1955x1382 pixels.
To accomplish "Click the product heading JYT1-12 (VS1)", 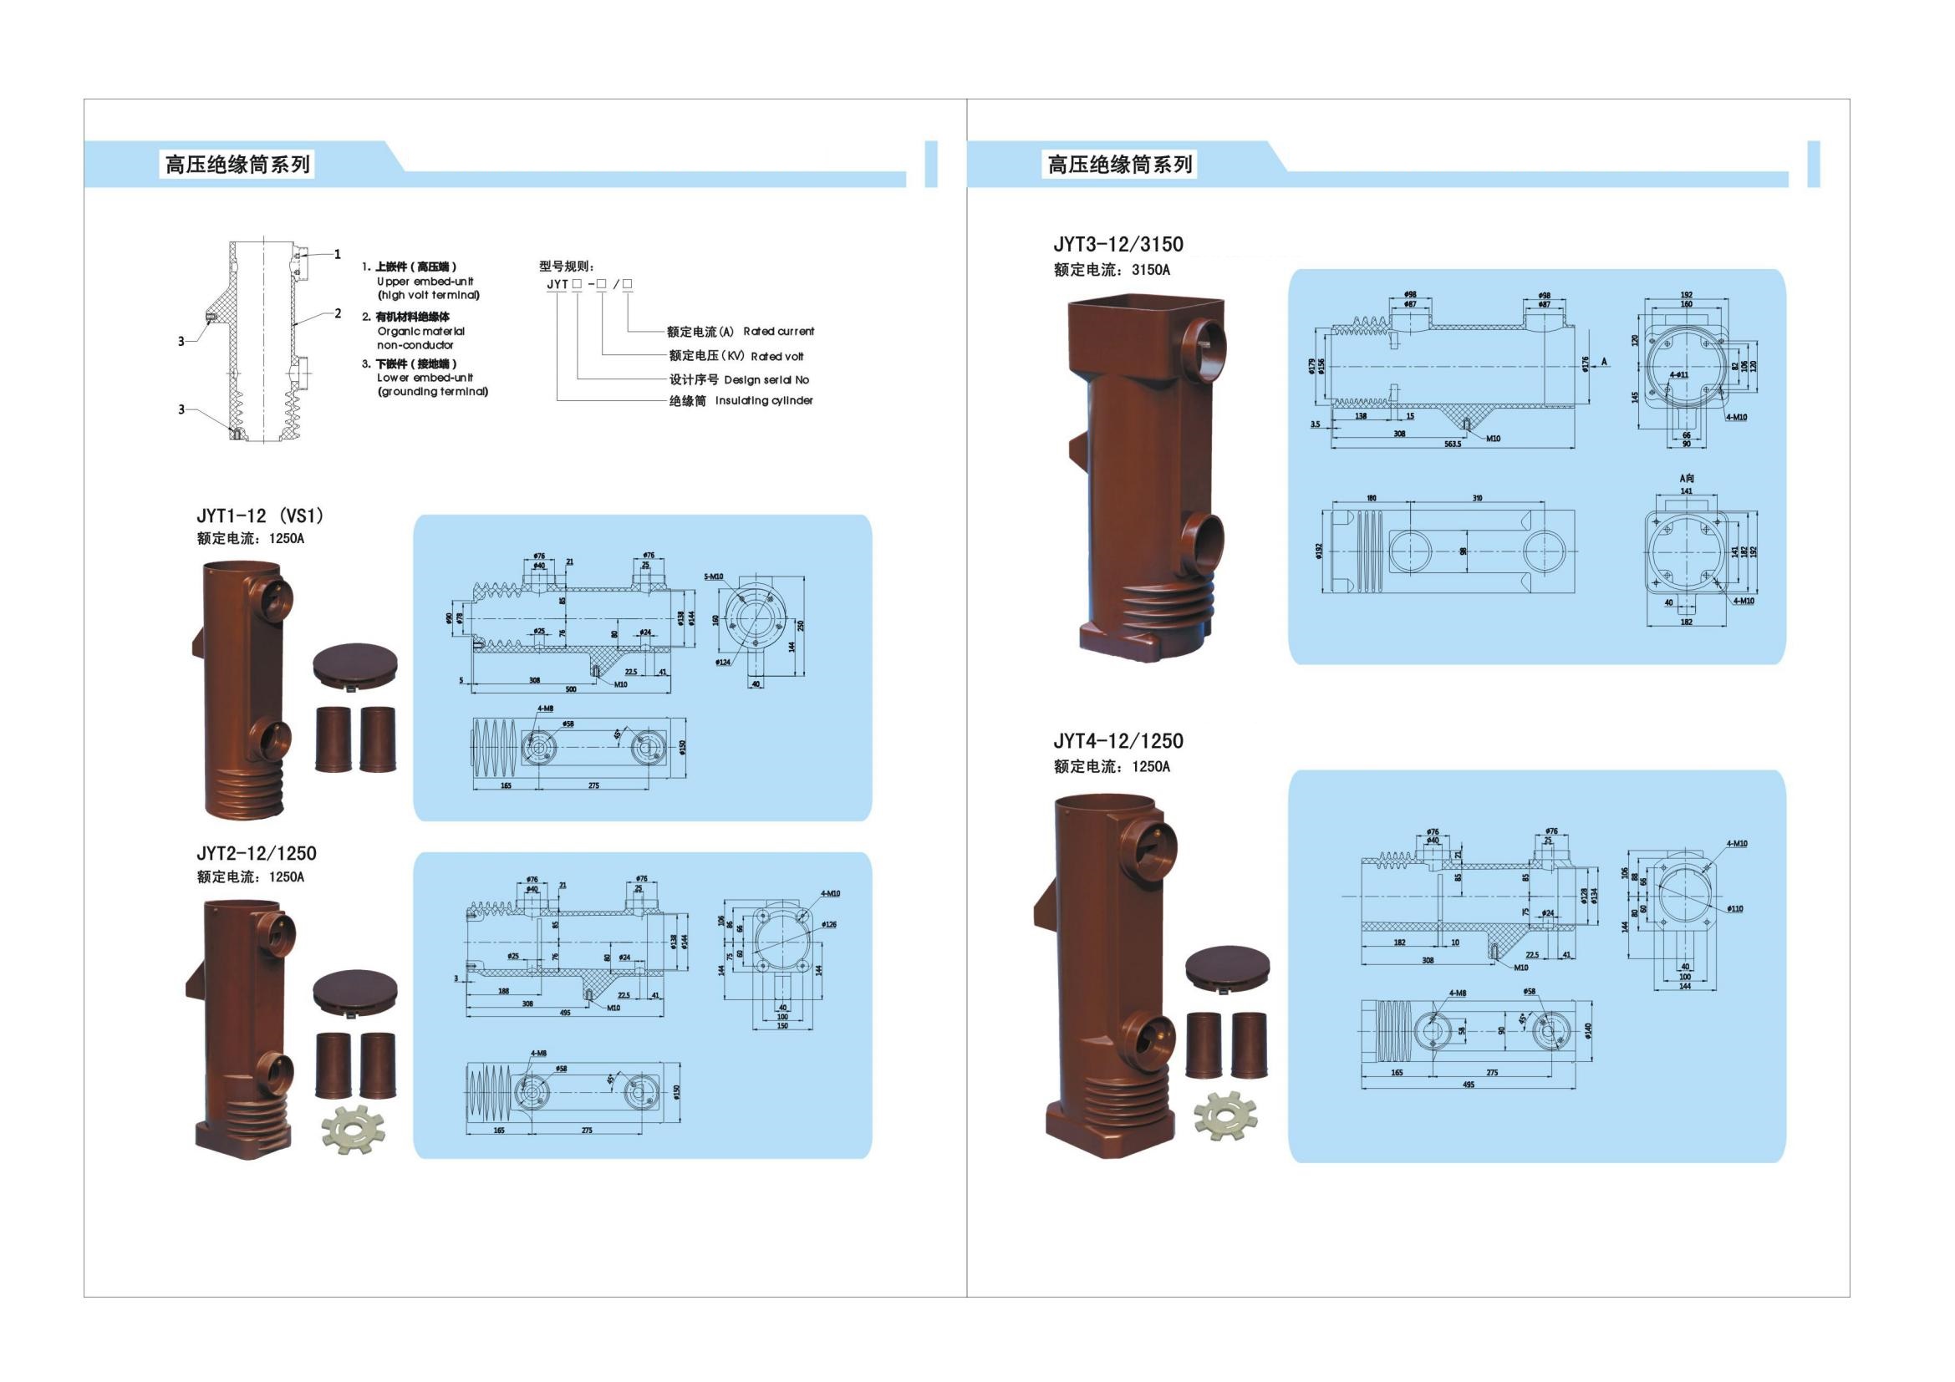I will coord(260,516).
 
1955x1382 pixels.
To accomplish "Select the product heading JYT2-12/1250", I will coord(257,854).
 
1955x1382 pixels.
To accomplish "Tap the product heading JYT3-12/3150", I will coord(1118,245).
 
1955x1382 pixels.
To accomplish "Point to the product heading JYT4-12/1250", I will coord(1118,741).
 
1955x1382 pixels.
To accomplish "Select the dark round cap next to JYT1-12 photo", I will coord(356,665).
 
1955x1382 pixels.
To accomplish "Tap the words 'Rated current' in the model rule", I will coord(778,331).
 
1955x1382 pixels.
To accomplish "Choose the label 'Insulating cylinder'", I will coord(764,401).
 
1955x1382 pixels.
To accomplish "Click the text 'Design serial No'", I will coord(766,379).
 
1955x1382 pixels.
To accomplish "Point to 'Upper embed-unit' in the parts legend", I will coord(425,281).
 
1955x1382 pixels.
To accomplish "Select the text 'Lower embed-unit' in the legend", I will coord(425,377).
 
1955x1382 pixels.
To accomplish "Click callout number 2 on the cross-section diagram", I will coord(338,314).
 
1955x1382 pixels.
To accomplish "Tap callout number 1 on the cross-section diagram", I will coord(337,254).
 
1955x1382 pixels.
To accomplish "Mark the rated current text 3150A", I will coord(1150,270).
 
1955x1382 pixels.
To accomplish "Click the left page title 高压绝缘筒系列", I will coord(237,165).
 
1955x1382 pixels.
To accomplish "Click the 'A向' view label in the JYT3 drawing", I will coord(1685,478).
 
